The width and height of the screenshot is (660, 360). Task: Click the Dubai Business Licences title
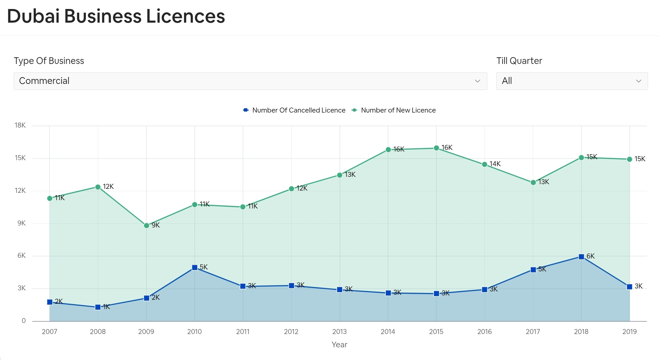coord(116,16)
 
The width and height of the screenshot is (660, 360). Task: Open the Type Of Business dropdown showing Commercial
coord(250,81)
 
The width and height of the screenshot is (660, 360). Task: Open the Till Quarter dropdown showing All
coord(571,81)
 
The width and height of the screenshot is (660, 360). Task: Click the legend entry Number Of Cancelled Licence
coord(295,110)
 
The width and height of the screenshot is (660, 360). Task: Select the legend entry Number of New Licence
coord(394,110)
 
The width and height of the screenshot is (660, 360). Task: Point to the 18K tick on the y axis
coord(20,125)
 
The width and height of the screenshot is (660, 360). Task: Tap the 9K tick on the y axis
coord(21,223)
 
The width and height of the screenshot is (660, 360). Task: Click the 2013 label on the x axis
coord(339,332)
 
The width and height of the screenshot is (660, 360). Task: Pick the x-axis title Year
coord(339,345)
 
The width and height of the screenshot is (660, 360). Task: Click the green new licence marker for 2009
coord(146,225)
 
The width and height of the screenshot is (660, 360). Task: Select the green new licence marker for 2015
coord(436,148)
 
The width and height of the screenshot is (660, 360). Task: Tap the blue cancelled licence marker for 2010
coord(195,267)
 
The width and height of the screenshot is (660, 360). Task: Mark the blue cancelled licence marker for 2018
coord(581,257)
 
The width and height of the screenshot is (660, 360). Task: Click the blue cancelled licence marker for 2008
coord(98,307)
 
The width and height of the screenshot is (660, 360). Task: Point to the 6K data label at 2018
coord(590,256)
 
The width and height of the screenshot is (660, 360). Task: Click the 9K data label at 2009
coord(156,225)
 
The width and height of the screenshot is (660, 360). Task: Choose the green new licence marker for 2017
coord(533,182)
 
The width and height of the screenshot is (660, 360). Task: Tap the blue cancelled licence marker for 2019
coord(629,287)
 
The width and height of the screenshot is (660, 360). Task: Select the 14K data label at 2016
coord(495,164)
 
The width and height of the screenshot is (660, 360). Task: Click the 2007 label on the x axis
coord(49,332)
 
